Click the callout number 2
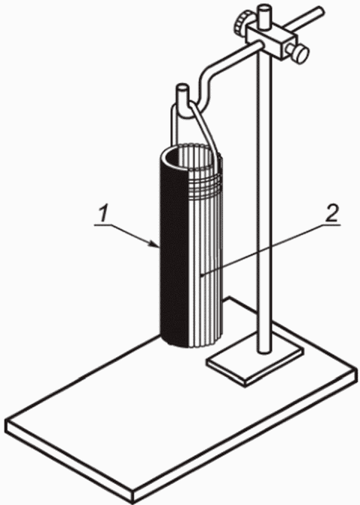point(331,214)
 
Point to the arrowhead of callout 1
point(155,244)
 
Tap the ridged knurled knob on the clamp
point(240,23)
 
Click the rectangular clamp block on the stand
point(271,41)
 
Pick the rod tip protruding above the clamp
point(264,15)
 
